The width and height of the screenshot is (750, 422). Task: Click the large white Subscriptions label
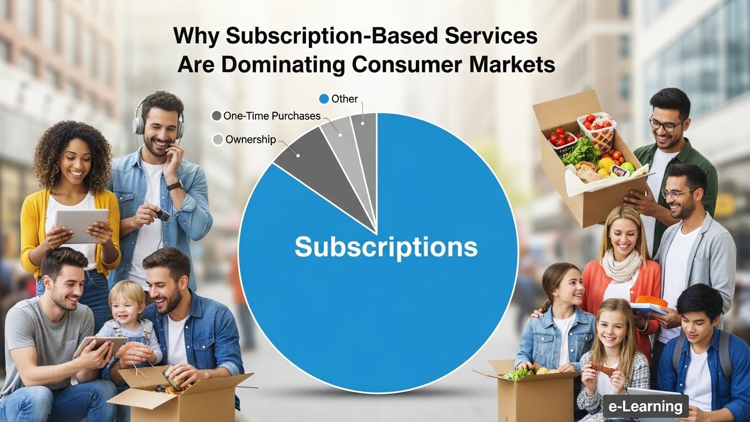(x=386, y=247)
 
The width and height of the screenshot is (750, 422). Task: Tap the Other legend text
(x=345, y=99)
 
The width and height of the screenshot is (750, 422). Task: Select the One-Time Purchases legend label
(x=271, y=116)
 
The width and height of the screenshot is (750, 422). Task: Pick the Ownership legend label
(x=250, y=140)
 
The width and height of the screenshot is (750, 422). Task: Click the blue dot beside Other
(x=324, y=99)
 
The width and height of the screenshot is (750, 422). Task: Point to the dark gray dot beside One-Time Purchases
(x=216, y=116)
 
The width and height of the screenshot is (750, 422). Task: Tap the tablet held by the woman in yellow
(x=81, y=225)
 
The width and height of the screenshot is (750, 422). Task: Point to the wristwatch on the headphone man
(x=175, y=185)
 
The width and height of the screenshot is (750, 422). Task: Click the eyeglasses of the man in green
(x=666, y=124)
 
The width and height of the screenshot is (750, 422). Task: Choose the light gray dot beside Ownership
(x=218, y=140)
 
